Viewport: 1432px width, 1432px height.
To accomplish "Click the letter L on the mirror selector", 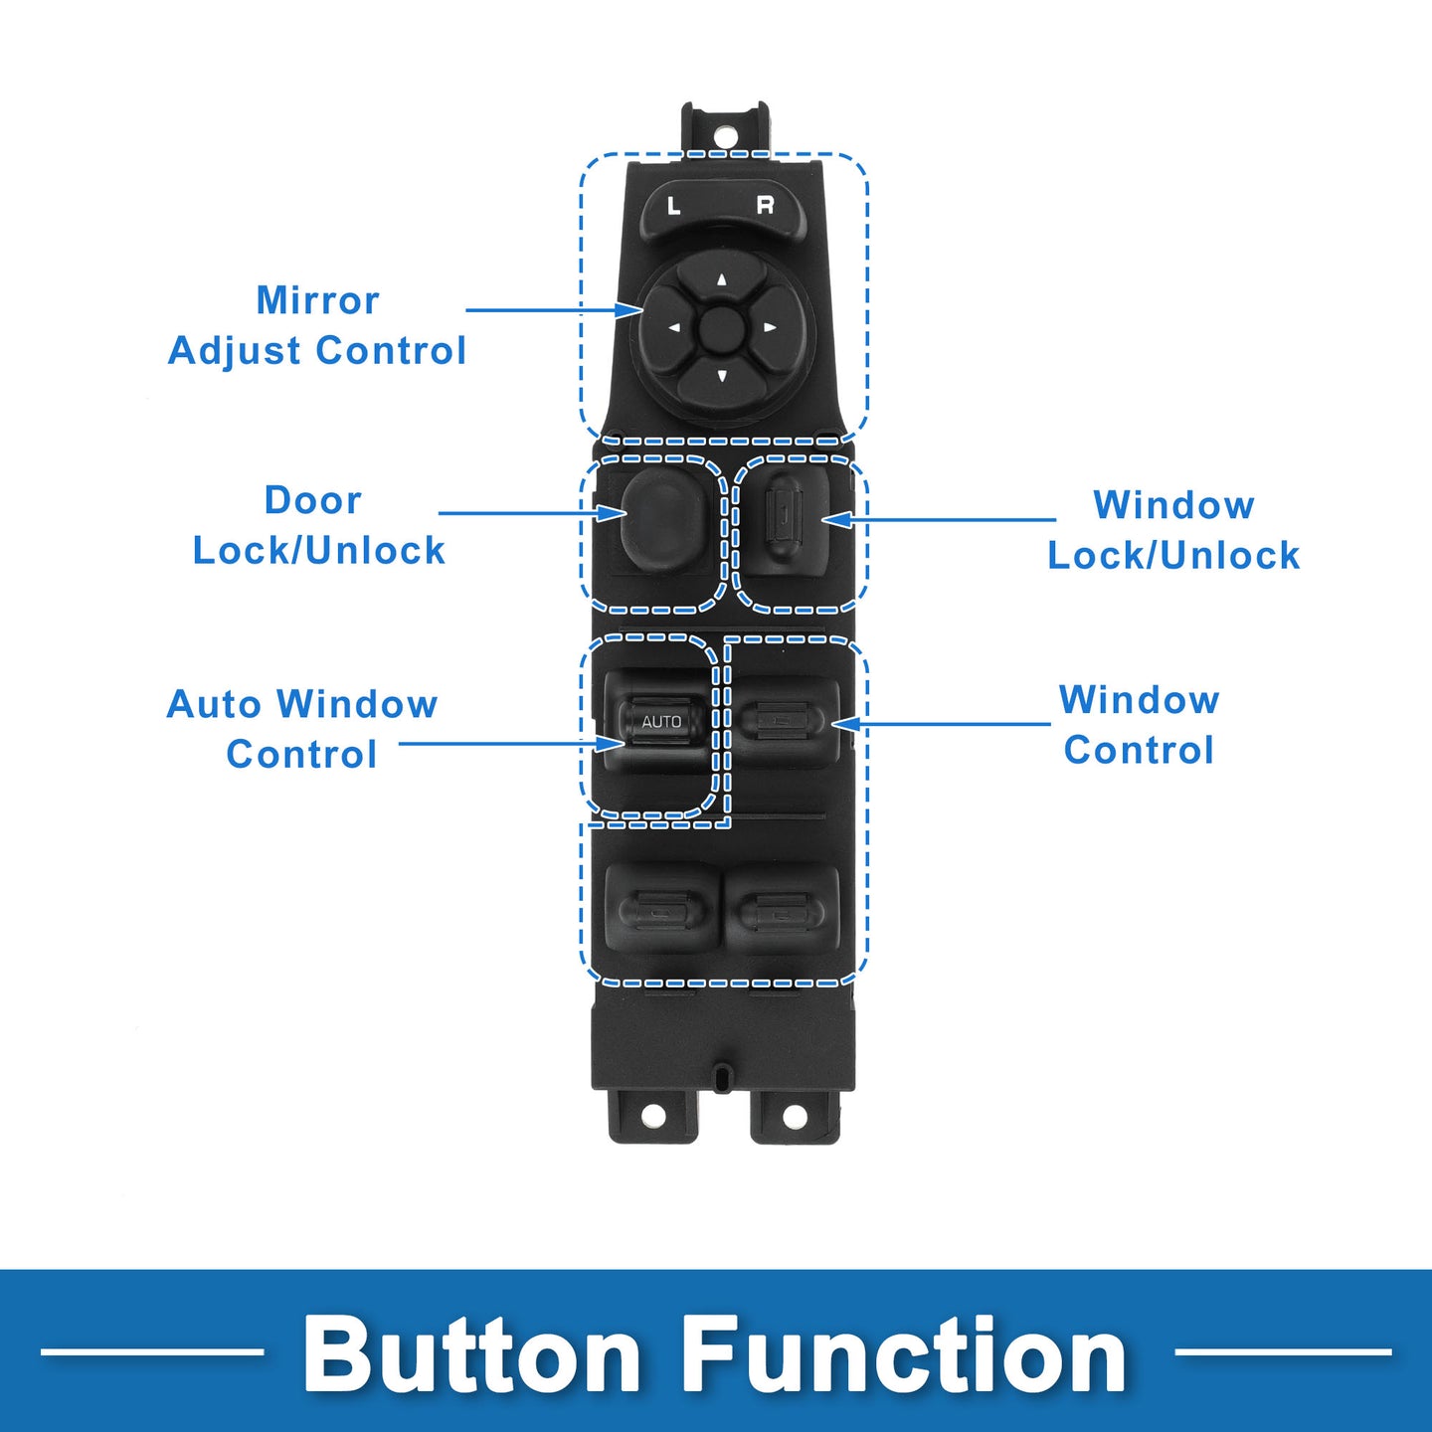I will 674,206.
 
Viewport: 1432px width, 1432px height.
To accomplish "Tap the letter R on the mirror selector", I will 765,205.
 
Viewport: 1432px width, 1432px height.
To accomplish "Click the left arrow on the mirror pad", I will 674,327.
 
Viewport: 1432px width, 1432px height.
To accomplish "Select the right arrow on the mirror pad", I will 769,327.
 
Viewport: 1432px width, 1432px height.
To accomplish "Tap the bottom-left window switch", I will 660,910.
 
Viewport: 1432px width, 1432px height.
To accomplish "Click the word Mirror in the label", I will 317,300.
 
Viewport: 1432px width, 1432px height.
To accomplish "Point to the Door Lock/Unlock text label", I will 318,525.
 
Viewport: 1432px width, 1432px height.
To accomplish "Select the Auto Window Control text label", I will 302,729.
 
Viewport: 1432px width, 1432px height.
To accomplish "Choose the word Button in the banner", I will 472,1354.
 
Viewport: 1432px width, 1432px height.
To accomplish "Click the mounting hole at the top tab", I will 725,133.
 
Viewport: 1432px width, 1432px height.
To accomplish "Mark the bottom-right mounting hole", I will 795,1117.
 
